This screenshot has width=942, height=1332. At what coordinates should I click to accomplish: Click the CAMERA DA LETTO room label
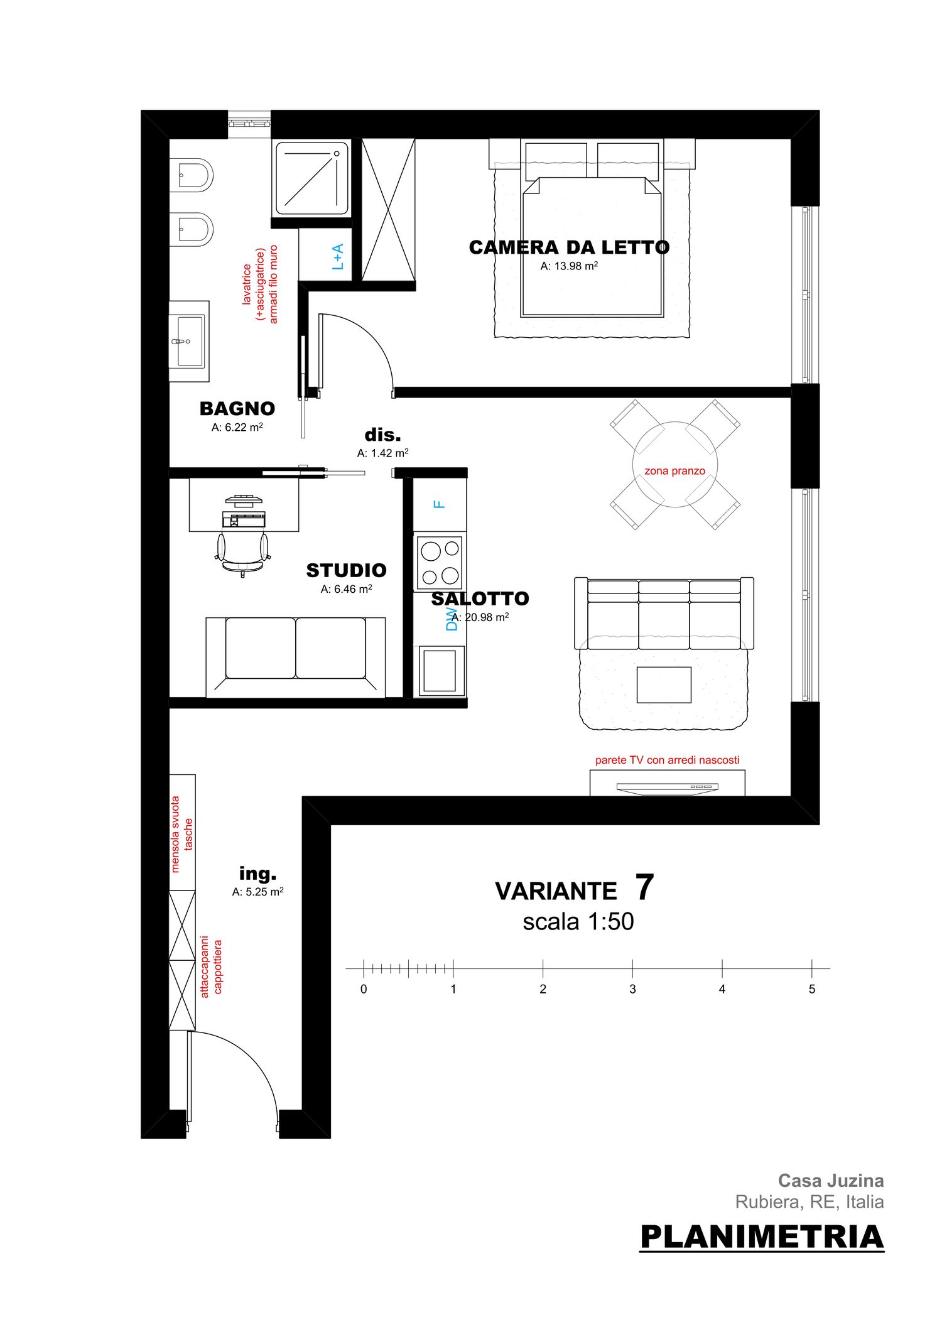tap(569, 247)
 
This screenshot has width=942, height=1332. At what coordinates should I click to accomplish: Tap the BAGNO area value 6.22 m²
tap(237, 427)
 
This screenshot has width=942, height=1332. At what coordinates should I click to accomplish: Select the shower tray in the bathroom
tap(312, 178)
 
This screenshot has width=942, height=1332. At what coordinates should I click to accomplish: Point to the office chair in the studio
tap(242, 553)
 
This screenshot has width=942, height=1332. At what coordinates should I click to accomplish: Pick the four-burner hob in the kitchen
tap(440, 563)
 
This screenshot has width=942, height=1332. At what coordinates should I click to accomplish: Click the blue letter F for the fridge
tap(440, 504)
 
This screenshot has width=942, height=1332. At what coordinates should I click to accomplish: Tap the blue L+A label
tap(338, 257)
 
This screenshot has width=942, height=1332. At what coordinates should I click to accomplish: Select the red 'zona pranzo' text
tap(674, 471)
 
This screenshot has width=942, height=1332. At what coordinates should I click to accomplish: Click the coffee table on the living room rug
tap(664, 685)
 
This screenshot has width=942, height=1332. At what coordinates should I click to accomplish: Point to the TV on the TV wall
tap(667, 788)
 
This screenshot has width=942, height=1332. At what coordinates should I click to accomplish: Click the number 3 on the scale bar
tap(632, 989)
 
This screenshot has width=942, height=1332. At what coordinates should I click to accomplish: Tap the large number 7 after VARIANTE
tap(644, 887)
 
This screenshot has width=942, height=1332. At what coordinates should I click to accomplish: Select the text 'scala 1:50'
tap(578, 922)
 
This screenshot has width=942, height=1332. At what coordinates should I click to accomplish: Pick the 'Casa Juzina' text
tap(831, 1181)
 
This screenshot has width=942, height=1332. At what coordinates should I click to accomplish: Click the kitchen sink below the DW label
tap(440, 671)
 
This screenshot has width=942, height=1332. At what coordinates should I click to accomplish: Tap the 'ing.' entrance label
tap(257, 874)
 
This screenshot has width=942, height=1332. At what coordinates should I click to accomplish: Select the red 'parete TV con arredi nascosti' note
tap(667, 760)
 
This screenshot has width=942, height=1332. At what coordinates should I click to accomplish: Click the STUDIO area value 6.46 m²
tap(347, 589)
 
